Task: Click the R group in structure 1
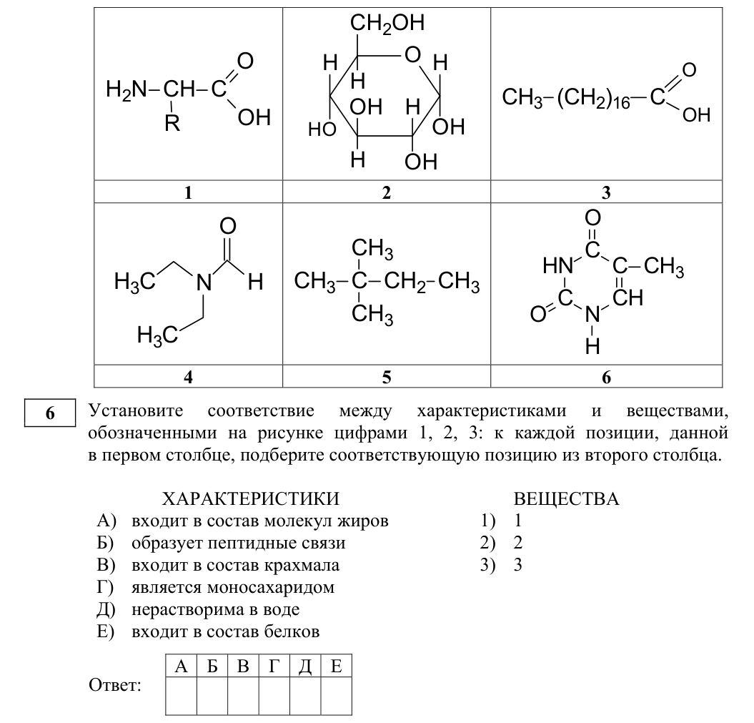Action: click(x=172, y=124)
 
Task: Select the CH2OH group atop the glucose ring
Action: click(x=387, y=24)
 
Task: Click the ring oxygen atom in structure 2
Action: click(x=412, y=55)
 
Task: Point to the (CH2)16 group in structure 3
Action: click(x=593, y=98)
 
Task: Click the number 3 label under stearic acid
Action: click(x=606, y=192)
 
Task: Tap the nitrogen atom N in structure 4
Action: click(x=204, y=282)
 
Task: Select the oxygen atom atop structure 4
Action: click(x=228, y=226)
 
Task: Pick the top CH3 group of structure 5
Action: click(x=372, y=249)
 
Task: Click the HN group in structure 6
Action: click(x=557, y=265)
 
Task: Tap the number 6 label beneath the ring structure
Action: click(x=606, y=377)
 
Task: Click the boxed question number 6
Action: click(x=50, y=413)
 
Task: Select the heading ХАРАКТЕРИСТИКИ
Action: click(x=251, y=499)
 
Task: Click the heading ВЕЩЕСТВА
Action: click(x=566, y=499)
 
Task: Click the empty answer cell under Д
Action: click(x=305, y=696)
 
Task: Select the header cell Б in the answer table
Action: click(x=212, y=667)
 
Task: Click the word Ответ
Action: click(x=115, y=685)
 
